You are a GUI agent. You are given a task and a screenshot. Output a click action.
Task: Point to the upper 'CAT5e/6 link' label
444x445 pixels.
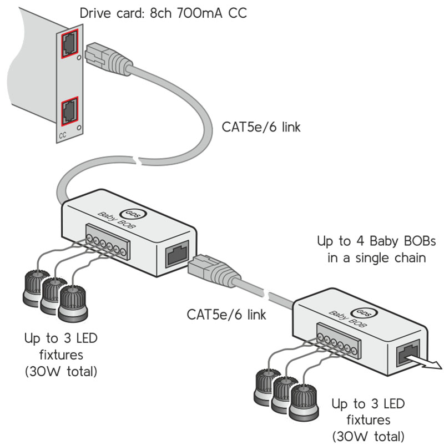(261, 127)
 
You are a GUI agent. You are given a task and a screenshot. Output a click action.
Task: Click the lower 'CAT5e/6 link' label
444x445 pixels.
(226, 315)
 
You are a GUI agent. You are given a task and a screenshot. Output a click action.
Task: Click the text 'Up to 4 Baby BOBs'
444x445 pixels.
(369, 242)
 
